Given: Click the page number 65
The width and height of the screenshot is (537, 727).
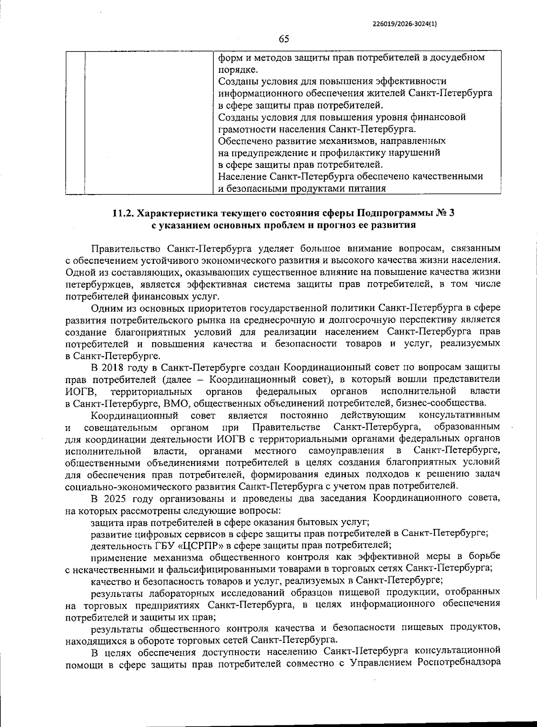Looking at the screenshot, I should pos(284,39).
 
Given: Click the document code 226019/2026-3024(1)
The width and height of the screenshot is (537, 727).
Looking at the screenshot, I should pos(404,25).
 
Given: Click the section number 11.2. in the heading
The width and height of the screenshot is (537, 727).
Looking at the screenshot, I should pos(123,213).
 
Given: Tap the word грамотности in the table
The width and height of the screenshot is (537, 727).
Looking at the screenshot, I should pos(244,129).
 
